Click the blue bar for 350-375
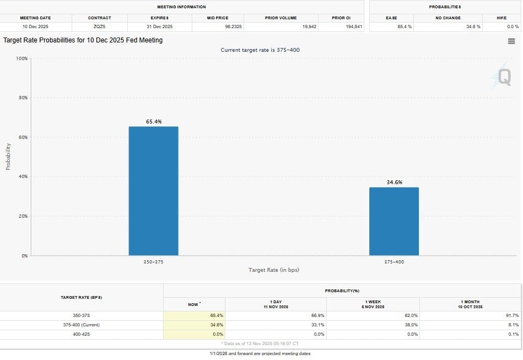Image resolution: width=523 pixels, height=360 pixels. [153, 191]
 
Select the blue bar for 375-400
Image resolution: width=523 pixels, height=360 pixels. [393, 221]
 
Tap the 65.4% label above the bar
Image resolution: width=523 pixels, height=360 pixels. [154, 121]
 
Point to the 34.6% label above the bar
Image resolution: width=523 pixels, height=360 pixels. [393, 182]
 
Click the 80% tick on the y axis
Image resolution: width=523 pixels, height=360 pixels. [23, 98]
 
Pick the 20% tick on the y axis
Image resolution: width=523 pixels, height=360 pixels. [23, 216]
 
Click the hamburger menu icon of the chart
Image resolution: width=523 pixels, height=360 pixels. [511, 41]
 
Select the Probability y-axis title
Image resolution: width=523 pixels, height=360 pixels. [8, 156]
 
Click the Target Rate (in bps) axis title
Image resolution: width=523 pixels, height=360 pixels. [273, 270]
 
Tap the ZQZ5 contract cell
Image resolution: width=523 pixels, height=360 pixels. [99, 26]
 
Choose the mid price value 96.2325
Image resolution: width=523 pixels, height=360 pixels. [231, 26]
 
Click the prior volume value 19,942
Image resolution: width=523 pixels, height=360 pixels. [309, 26]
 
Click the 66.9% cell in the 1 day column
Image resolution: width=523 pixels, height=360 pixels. [316, 315]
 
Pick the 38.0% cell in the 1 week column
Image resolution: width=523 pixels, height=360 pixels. [411, 325]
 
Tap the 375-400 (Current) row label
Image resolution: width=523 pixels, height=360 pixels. [82, 325]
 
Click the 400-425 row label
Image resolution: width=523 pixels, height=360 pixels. [82, 334]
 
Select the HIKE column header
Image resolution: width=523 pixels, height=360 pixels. [501, 18]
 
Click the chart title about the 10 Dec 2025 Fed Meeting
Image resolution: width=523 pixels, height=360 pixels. [83, 40]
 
